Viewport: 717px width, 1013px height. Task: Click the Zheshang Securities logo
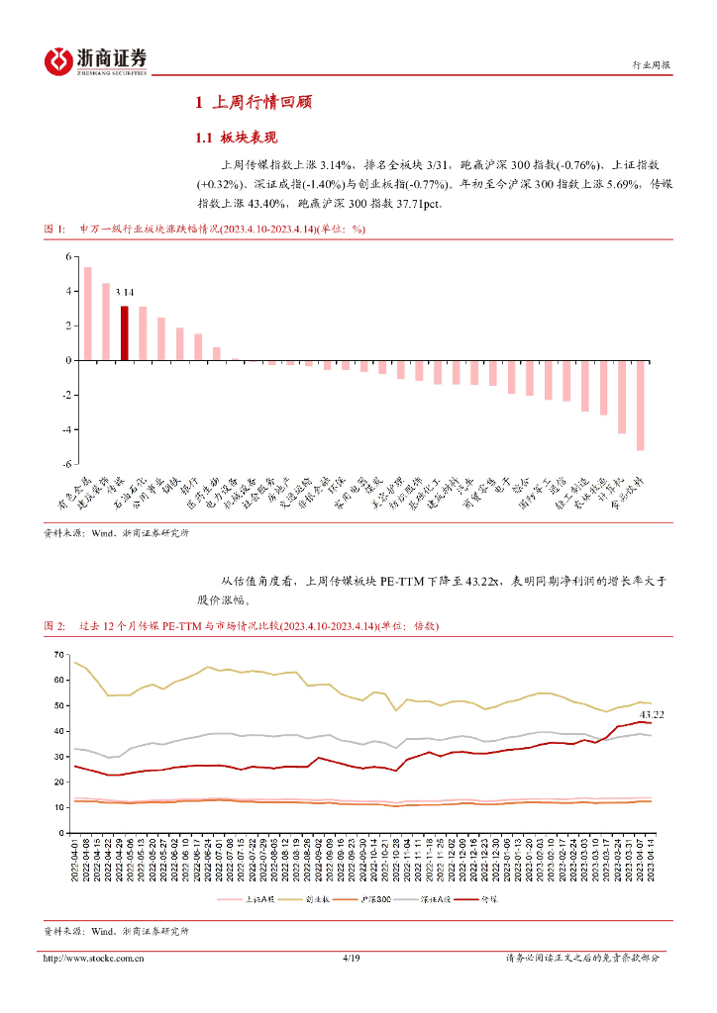(x=96, y=61)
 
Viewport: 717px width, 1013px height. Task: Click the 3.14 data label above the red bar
(x=124, y=293)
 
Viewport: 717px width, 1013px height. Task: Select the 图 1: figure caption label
(x=54, y=229)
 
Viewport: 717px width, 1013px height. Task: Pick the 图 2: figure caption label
(x=54, y=627)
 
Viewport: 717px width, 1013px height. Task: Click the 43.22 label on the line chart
(x=652, y=713)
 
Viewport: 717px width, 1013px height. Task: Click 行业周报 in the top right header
(x=651, y=65)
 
